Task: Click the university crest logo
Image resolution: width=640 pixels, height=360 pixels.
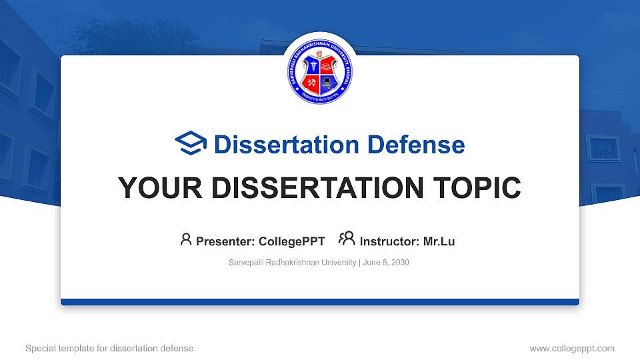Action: click(x=320, y=68)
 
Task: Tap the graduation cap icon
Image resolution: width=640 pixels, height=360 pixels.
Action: click(x=191, y=144)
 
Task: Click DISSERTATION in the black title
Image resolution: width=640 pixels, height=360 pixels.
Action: click(x=311, y=189)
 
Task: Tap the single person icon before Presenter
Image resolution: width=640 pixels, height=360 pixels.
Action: click(x=186, y=239)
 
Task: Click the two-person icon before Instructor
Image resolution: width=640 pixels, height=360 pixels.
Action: click(x=347, y=239)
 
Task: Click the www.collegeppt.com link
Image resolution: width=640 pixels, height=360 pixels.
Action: click(x=572, y=348)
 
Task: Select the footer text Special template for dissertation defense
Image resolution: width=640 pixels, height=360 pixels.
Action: click(x=109, y=348)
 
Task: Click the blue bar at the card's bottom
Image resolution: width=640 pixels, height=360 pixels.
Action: click(x=320, y=302)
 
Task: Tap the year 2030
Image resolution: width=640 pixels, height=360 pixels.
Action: click(x=400, y=263)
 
